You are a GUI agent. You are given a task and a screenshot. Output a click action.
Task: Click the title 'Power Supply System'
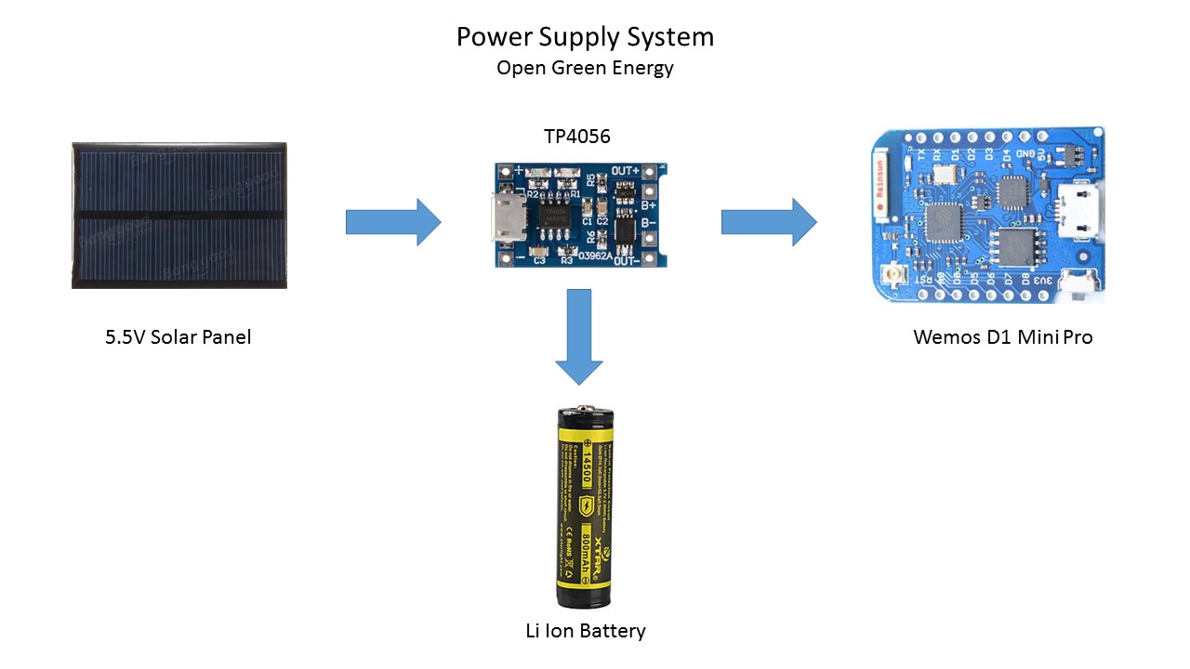pyautogui.click(x=585, y=37)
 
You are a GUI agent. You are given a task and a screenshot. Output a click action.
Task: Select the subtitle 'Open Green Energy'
pyautogui.click(x=585, y=68)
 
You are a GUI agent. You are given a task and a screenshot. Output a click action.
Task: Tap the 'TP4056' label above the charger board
pyautogui.click(x=577, y=138)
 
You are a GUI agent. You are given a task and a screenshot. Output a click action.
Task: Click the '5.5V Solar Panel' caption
pyautogui.click(x=178, y=336)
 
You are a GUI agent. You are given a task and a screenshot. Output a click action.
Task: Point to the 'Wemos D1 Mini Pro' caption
pyautogui.click(x=1003, y=337)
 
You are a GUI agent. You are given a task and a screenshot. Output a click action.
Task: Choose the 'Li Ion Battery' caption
pyautogui.click(x=586, y=631)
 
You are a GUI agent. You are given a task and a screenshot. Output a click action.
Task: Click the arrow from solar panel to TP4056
pyautogui.click(x=393, y=222)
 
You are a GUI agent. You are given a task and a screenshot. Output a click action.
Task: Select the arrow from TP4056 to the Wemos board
pyautogui.click(x=769, y=222)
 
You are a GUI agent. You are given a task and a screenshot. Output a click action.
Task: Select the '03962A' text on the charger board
pyautogui.click(x=595, y=255)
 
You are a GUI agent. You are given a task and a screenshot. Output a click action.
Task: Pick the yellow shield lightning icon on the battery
pyautogui.click(x=587, y=505)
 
